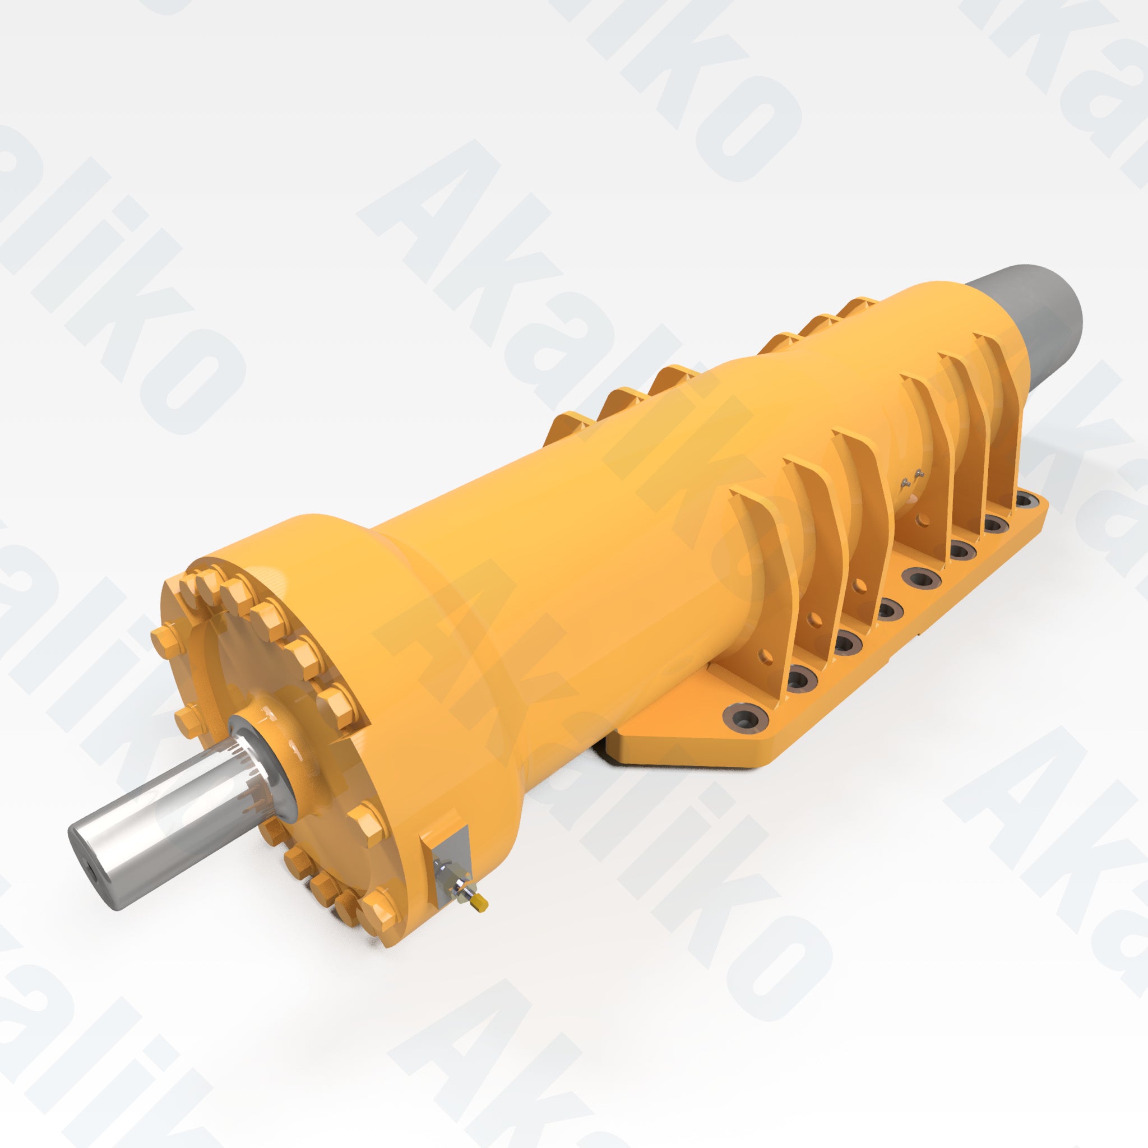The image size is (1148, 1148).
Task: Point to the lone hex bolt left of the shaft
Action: [188, 721]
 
